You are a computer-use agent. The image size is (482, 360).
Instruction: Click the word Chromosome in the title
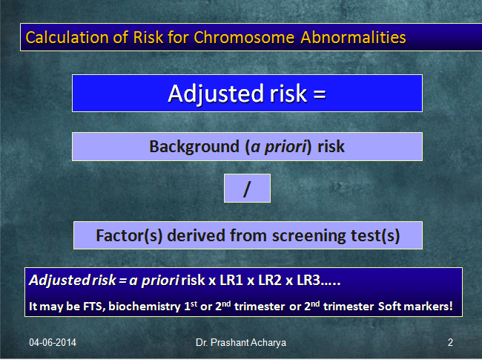[245, 38]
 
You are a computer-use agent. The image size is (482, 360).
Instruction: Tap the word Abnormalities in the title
[353, 38]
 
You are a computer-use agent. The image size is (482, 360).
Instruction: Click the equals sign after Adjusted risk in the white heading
[320, 94]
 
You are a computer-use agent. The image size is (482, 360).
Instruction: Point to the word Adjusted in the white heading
[216, 94]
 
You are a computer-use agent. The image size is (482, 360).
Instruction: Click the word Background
[194, 146]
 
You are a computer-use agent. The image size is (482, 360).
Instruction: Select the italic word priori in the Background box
[285, 147]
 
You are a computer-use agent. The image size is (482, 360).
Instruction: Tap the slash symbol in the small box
[247, 189]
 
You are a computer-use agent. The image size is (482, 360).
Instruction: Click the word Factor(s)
[129, 236]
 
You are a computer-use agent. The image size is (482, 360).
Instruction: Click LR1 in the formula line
[231, 281]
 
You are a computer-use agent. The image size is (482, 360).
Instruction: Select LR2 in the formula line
[270, 281]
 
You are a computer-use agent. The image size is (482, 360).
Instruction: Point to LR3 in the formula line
[308, 281]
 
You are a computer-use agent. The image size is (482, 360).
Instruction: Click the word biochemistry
[145, 307]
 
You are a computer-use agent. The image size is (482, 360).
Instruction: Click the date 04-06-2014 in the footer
[53, 342]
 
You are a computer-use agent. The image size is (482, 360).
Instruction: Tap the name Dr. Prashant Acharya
[241, 343]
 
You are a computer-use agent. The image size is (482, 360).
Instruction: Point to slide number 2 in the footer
[450, 342]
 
